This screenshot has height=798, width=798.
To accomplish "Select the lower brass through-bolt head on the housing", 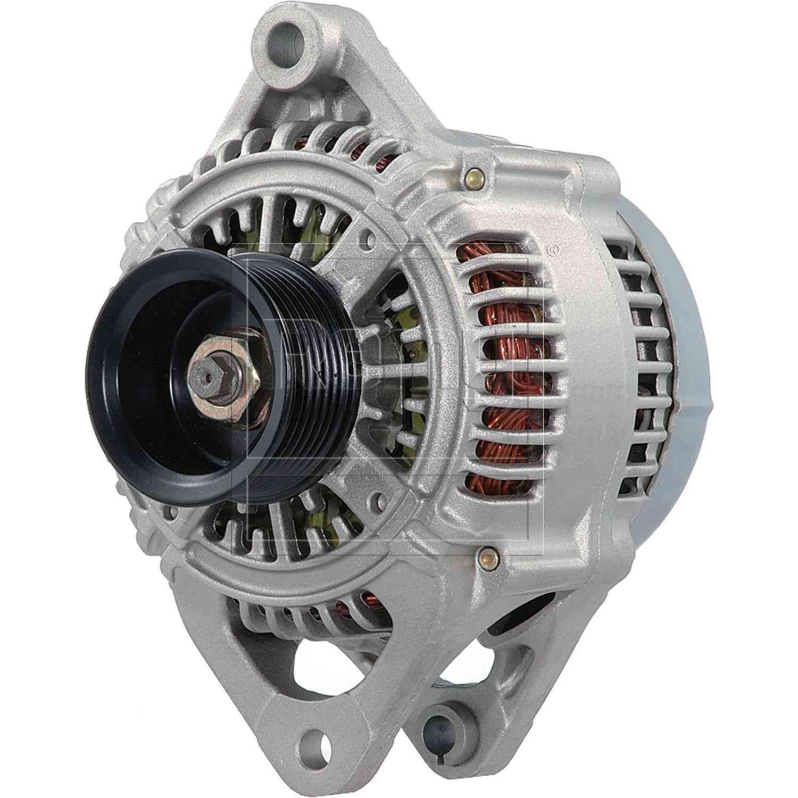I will tap(485, 558).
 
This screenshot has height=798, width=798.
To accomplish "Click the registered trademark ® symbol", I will tap(553, 250).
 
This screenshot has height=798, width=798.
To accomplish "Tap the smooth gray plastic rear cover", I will tap(686, 372).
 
